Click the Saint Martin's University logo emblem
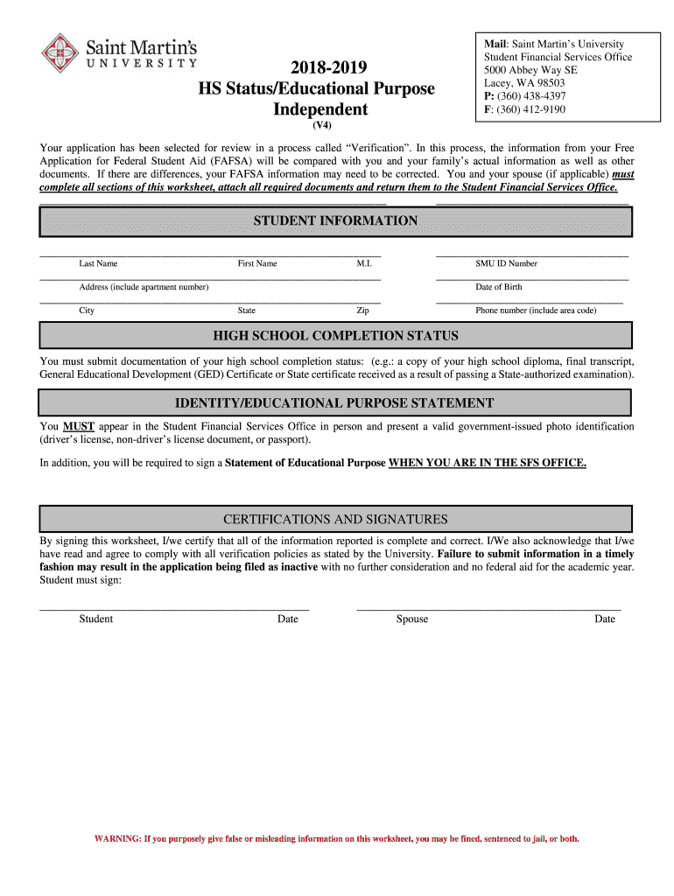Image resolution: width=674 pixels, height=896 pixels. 60,52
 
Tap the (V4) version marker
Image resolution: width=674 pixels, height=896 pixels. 323,125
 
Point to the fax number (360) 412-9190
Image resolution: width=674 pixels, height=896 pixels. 532,109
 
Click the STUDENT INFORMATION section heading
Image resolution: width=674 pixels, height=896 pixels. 335,221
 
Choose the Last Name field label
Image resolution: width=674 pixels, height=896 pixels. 98,263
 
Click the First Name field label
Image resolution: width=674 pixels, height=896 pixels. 257,263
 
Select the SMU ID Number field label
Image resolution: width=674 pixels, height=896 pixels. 506,263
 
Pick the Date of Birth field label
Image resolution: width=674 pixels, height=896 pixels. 499,287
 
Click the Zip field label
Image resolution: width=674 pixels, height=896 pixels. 362,311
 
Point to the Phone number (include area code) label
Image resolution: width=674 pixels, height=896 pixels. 536,311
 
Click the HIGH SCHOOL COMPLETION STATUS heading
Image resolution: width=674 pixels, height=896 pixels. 335,336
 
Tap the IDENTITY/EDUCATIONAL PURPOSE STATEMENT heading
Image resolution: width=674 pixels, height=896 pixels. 335,403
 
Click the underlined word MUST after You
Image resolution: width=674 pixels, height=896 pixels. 78,427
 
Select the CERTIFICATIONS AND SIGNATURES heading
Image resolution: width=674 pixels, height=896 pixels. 335,520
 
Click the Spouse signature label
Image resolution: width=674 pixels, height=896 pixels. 411,619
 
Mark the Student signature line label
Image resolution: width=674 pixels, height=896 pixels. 96,619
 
